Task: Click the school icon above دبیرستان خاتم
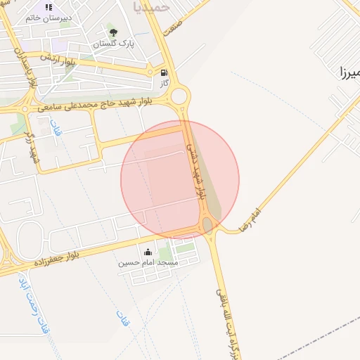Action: tap(49, 8)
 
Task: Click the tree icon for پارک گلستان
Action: tap(112, 32)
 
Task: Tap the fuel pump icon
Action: tap(165, 72)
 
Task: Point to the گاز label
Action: tap(165, 83)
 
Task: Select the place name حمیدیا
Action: tap(150, 7)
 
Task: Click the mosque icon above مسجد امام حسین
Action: tap(148, 252)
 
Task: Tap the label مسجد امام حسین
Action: tap(148, 263)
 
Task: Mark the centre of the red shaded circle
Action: tap(180, 180)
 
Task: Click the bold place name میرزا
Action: tap(349, 72)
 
